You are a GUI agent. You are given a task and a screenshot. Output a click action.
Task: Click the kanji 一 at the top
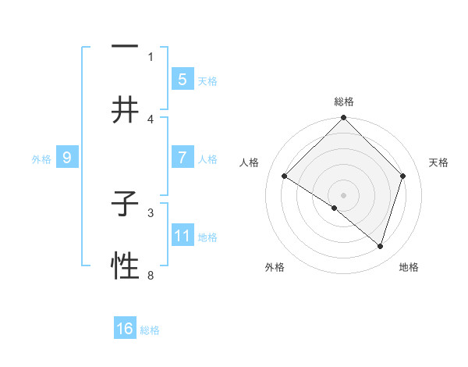coord(125,46)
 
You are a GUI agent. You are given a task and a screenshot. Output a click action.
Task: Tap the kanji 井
coord(125,110)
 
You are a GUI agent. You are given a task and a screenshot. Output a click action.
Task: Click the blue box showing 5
coord(182,79)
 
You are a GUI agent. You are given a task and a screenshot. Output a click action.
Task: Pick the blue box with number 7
coord(182,158)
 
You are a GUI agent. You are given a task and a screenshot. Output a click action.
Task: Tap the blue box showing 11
coord(182,235)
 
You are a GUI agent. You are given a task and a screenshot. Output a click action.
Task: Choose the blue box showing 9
coord(67,158)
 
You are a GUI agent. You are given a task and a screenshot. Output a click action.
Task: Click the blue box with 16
coord(125,329)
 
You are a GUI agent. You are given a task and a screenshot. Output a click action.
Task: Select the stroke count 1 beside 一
coord(151,56)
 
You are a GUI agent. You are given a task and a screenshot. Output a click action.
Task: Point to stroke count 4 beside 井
coord(151,119)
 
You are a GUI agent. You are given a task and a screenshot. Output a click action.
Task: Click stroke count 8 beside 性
coord(151,275)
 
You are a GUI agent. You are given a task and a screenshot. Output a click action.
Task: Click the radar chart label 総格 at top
coord(344,102)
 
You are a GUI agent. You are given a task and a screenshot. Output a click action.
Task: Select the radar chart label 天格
coord(438,162)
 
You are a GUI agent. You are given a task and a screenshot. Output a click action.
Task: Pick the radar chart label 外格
coord(275,267)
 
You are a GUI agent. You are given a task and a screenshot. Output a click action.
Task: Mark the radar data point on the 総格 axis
coord(344,119)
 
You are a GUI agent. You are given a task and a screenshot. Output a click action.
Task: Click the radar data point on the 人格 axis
coord(285,176)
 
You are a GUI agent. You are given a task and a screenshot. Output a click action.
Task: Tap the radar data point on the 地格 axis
coord(381,246)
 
